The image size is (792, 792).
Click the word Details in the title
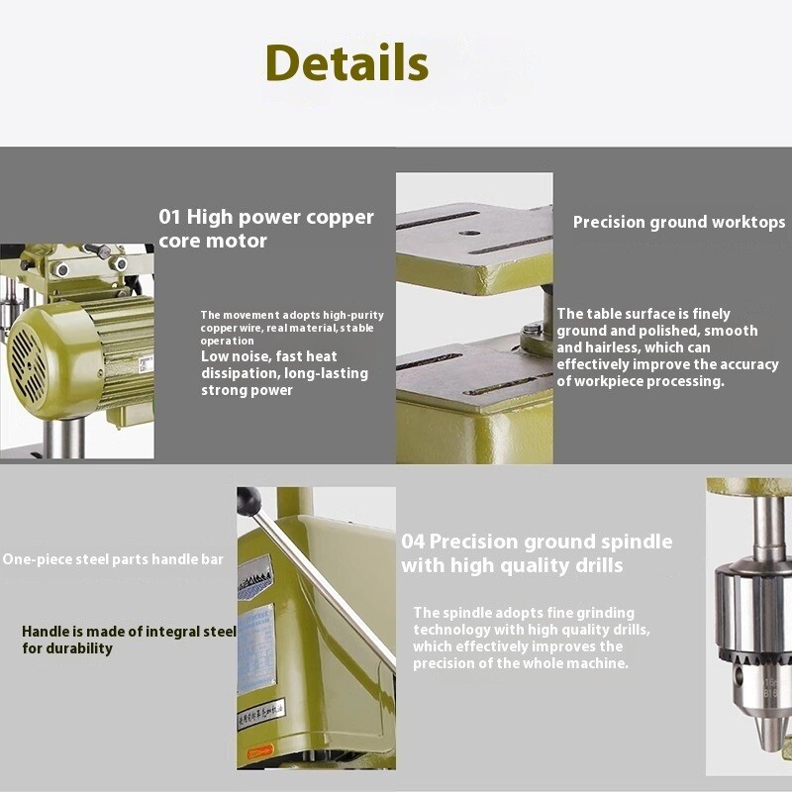tap(346, 62)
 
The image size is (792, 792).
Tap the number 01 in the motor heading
tap(170, 217)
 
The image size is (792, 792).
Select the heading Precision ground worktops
tap(678, 222)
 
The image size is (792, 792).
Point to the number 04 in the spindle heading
tap(413, 542)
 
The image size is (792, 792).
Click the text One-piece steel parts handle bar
tap(112, 559)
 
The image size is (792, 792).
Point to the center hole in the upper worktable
tap(469, 234)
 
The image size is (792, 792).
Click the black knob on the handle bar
tap(247, 501)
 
